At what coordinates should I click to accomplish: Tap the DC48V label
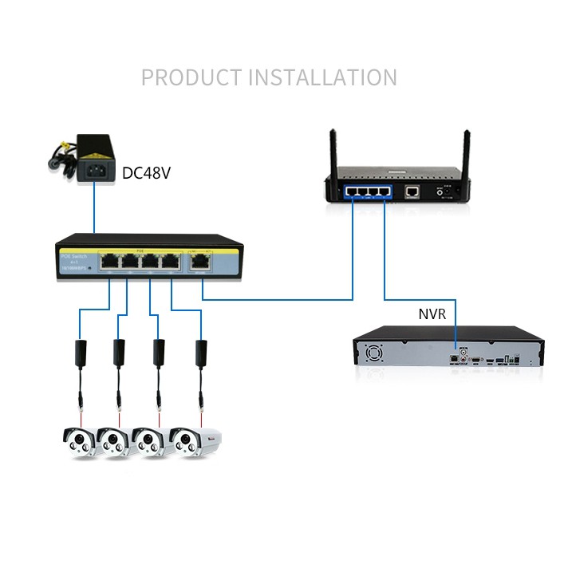click(148, 172)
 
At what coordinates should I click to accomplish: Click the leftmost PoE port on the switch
click(108, 260)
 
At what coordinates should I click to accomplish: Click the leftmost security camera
click(81, 440)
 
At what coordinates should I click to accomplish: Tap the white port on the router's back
click(412, 191)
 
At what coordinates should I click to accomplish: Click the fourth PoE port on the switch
click(169, 260)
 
